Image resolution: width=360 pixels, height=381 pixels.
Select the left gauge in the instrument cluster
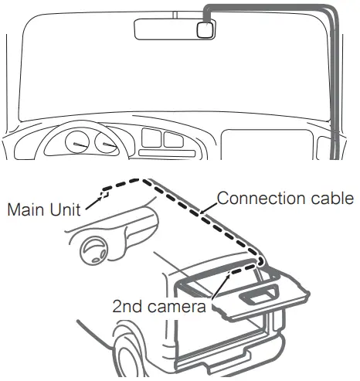click(78, 143)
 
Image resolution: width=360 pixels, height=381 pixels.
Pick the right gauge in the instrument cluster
click(104, 143)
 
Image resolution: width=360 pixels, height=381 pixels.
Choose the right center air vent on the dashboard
click(174, 138)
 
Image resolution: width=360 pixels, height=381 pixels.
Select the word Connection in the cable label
click(253, 198)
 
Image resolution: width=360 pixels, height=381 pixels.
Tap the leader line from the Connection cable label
click(208, 206)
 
